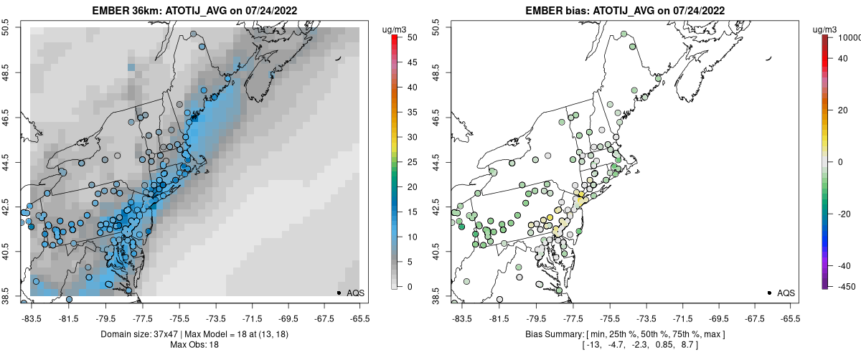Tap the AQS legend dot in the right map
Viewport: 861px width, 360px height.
click(769, 293)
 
